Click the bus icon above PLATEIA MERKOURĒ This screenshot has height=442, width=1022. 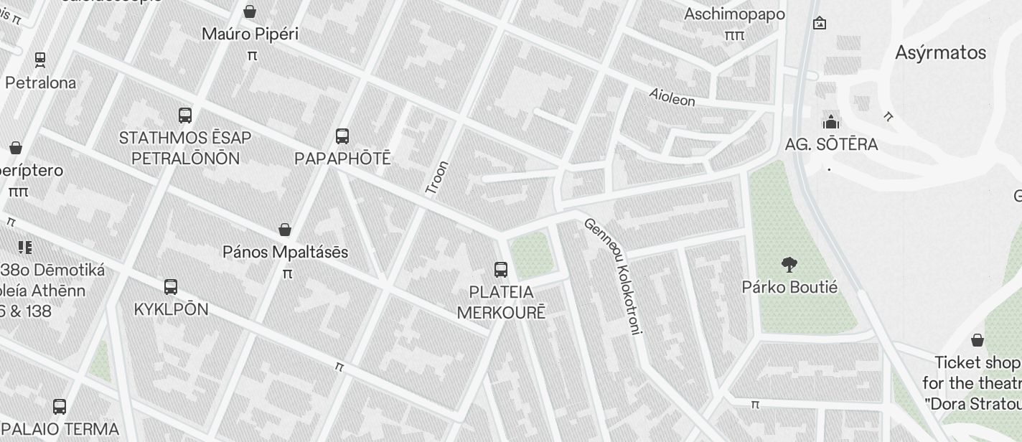(501, 270)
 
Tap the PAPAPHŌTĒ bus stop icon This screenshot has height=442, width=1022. (342, 136)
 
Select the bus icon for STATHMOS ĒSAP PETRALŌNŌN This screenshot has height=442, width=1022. (185, 115)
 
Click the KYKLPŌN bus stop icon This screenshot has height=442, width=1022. (171, 287)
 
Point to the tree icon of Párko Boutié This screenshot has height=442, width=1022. (789, 265)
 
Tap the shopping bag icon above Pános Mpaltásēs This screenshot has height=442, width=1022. (285, 230)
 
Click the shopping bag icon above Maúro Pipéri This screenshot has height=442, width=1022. (250, 11)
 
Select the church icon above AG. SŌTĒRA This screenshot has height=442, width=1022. (831, 121)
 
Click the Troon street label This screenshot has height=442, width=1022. (436, 178)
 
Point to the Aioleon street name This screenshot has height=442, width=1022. (672, 97)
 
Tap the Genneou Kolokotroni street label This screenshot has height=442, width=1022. (614, 276)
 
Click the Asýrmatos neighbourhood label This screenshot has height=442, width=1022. (940, 52)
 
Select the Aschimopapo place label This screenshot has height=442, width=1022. (734, 14)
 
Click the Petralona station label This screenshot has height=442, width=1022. (40, 83)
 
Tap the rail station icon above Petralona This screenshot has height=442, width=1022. (40, 60)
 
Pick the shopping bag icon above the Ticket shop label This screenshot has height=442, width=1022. (978, 340)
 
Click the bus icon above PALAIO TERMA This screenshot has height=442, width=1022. (60, 407)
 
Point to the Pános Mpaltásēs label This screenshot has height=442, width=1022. (285, 252)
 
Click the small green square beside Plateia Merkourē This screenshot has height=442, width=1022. (533, 255)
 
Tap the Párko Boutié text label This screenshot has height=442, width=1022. (789, 287)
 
